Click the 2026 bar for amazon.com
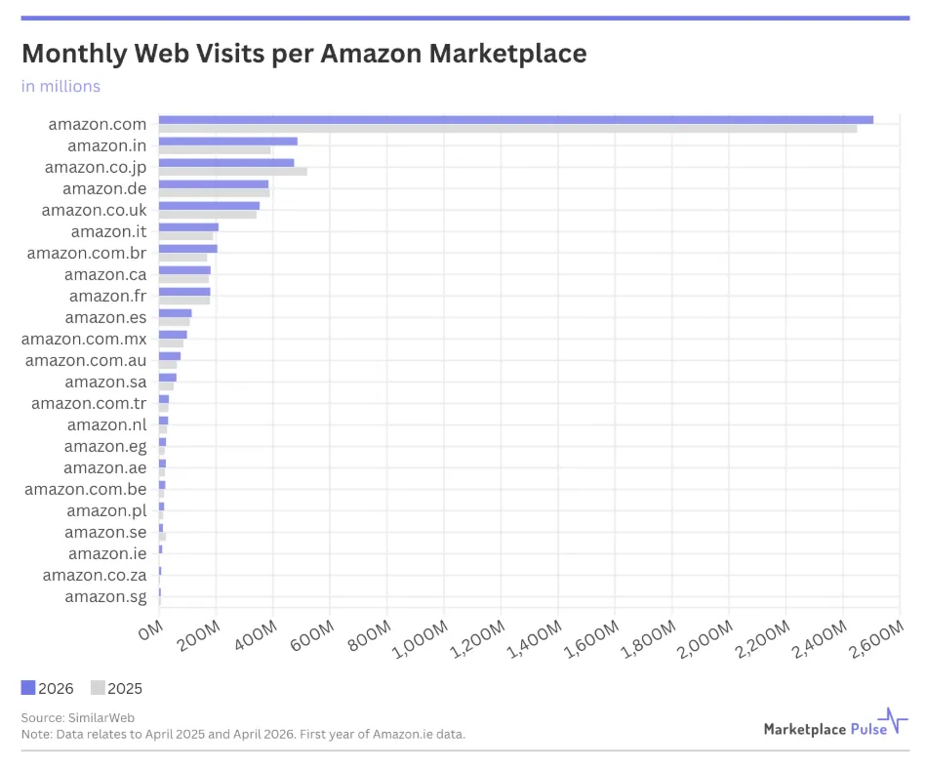coord(516,120)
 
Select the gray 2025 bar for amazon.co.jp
coord(233,172)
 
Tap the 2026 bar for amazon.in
coord(228,142)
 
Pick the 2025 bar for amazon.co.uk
coord(208,215)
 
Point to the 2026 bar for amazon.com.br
coord(188,249)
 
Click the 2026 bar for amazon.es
coord(176,313)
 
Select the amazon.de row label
coord(104,188)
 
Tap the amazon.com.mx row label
coord(84,339)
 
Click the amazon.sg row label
coord(105,597)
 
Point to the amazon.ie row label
coord(107,553)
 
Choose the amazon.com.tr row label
coord(89,403)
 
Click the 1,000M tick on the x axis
coord(421,639)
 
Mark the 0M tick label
coord(150,630)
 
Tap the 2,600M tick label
coord(877,639)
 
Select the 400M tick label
coord(256,635)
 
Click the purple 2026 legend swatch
coord(27,687)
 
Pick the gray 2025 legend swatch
coord(98,687)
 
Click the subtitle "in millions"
coord(60,86)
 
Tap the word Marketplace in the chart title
coord(507,54)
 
